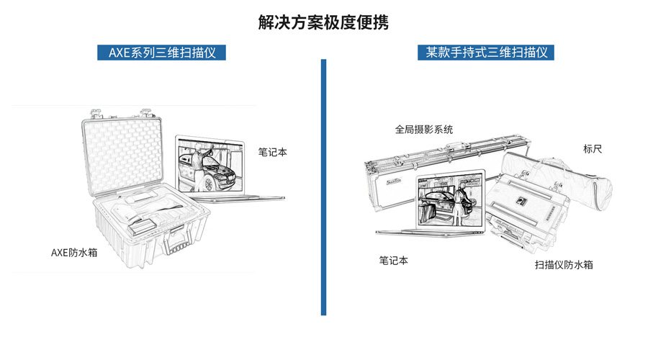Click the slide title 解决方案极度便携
point(323,22)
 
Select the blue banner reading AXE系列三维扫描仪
point(161,53)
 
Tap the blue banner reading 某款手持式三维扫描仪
point(486,53)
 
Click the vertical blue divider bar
point(323,187)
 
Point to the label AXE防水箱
point(73,253)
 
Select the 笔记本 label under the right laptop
point(393,261)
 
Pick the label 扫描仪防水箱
point(564,265)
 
